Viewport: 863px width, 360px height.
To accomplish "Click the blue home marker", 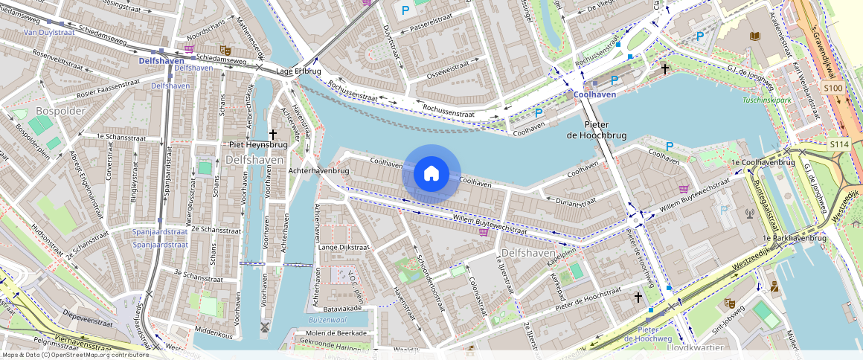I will coord(431,174).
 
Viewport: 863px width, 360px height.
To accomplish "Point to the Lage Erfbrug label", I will coord(298,71).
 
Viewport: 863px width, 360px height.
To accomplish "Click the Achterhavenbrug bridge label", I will coord(318,170).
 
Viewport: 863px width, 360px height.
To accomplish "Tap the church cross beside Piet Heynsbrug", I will coord(273,135).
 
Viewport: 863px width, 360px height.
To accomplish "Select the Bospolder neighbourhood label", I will coord(60,111).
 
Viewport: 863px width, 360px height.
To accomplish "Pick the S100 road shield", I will coord(834,89).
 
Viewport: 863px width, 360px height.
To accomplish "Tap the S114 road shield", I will coord(839,144).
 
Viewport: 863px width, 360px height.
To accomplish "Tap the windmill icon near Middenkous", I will coord(263,327).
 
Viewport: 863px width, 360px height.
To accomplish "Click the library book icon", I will coord(755,36).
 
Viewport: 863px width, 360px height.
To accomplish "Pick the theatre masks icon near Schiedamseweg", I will coord(225,51).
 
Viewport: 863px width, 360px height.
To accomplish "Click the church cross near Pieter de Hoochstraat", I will coord(638,298).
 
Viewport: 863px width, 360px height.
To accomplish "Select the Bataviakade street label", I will coord(342,307).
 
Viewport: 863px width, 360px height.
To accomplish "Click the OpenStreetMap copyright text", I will coord(74,355).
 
